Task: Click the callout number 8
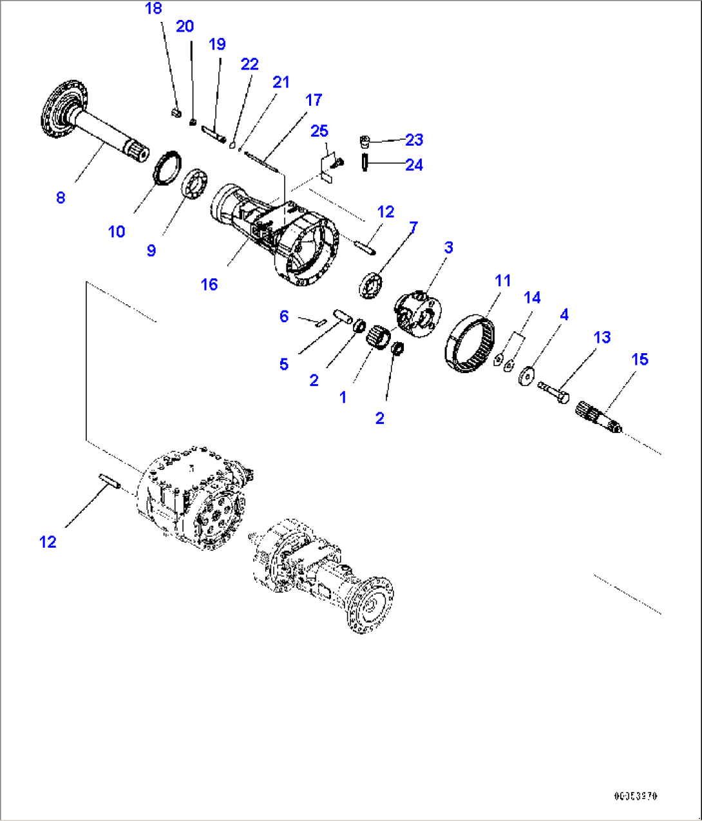click(x=61, y=197)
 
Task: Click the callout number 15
click(x=640, y=359)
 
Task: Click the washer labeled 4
click(x=527, y=376)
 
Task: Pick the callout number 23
click(x=414, y=140)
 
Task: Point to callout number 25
click(x=319, y=131)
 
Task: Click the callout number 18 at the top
click(x=153, y=8)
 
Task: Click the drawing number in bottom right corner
click(x=636, y=797)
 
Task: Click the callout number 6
click(x=284, y=316)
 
